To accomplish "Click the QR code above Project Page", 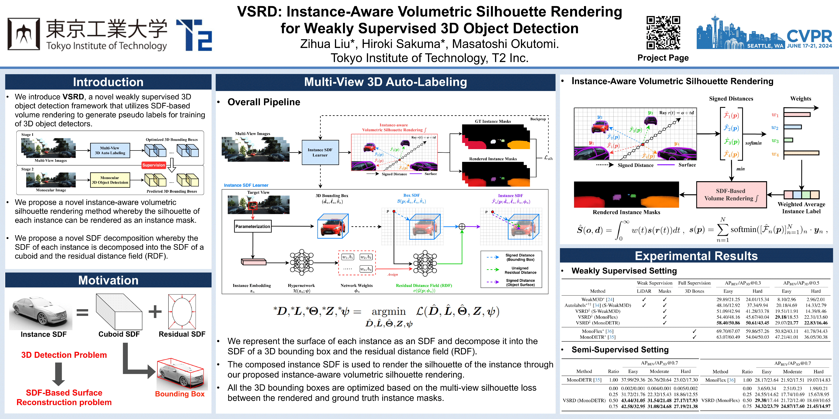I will [x=663, y=33].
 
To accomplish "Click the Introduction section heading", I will [x=108, y=82].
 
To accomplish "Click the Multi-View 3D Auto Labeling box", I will [x=110, y=150].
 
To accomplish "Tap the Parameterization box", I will [x=253, y=226].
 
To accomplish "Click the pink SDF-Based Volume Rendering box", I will [x=731, y=195].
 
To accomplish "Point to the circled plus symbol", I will [x=462, y=227].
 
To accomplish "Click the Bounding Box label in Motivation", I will [x=180, y=394].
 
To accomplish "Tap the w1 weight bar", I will [x=797, y=115].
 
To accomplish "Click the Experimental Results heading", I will [x=696, y=256].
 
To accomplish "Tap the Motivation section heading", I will [x=108, y=280].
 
